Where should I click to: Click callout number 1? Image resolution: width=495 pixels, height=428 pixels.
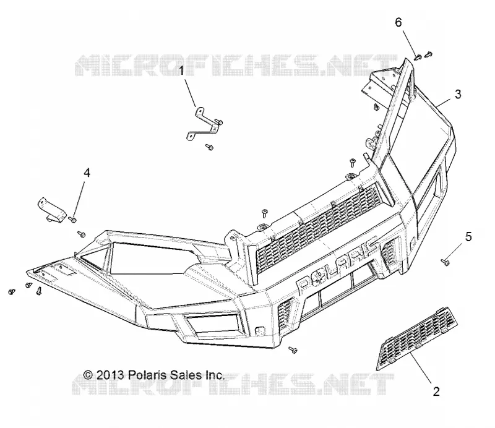[181, 71]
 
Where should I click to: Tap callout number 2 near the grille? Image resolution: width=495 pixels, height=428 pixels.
[436, 392]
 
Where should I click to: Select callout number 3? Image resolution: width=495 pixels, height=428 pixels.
[458, 94]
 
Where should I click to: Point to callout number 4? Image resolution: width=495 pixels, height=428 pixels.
[87, 173]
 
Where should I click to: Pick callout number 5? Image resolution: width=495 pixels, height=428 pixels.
[468, 236]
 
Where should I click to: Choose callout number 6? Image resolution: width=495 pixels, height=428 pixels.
[398, 22]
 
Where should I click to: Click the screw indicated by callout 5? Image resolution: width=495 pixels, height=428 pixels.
[445, 262]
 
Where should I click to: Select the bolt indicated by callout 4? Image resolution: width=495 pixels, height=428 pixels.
[72, 219]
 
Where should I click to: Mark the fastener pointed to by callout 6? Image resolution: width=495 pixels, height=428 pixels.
[418, 57]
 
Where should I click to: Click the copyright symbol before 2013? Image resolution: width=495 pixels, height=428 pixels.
[88, 375]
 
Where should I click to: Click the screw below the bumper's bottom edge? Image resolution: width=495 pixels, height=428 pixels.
[293, 349]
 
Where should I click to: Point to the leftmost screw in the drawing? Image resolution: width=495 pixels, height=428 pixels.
[12, 292]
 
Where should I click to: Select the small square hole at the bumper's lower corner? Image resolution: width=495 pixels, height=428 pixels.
[259, 330]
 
